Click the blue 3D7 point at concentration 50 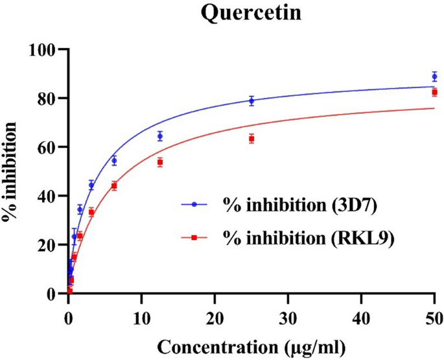[x=434, y=77]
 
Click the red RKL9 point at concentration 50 [x=434, y=92]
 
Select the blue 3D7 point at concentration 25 [x=251, y=101]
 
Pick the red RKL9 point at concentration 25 [x=251, y=139]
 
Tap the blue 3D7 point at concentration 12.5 [x=160, y=136]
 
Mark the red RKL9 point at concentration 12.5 [x=160, y=162]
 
